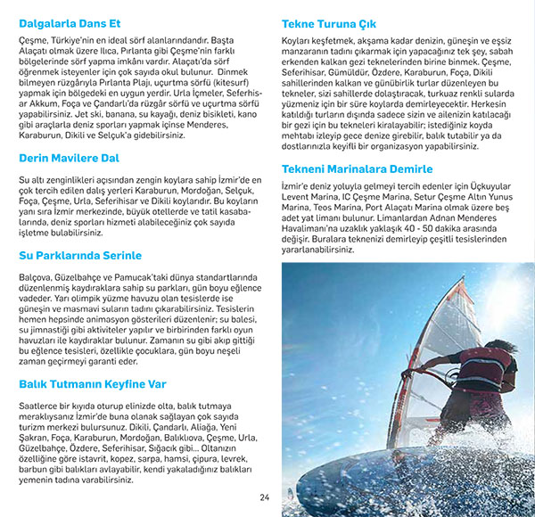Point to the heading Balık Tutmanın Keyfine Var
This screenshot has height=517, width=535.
[93, 384]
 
